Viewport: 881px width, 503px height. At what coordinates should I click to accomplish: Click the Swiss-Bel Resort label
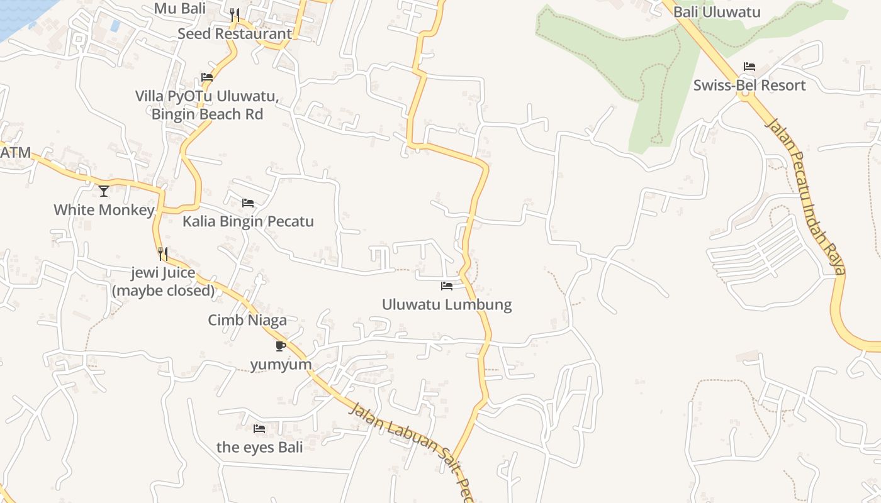pyautogui.click(x=749, y=86)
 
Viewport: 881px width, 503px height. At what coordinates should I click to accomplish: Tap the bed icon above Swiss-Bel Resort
pyautogui.click(x=749, y=66)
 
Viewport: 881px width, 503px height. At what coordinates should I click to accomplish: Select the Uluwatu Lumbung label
pyautogui.click(x=447, y=305)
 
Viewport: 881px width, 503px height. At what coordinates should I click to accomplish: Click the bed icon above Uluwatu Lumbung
pyautogui.click(x=447, y=285)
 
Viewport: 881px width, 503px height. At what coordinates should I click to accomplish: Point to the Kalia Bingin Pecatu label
pyautogui.click(x=248, y=222)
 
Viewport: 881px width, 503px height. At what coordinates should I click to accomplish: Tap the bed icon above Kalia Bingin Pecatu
pyautogui.click(x=248, y=202)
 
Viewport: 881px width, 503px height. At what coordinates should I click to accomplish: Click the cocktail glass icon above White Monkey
pyautogui.click(x=104, y=191)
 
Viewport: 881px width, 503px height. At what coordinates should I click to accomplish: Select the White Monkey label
pyautogui.click(x=104, y=210)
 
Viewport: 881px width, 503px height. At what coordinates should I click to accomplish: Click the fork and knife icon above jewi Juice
pyautogui.click(x=163, y=253)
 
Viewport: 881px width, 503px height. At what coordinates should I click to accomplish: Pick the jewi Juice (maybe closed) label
pyautogui.click(x=164, y=282)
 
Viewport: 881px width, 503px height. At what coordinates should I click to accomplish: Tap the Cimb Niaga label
pyautogui.click(x=247, y=321)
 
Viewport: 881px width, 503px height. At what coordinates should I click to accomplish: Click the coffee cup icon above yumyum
pyautogui.click(x=281, y=346)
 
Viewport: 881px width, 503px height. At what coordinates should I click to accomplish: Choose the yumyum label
pyautogui.click(x=281, y=365)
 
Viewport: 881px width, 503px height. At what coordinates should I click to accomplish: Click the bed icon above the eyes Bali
pyautogui.click(x=259, y=429)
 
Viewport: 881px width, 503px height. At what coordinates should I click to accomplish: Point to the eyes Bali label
pyautogui.click(x=259, y=448)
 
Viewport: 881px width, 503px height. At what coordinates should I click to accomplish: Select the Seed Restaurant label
pyautogui.click(x=234, y=34)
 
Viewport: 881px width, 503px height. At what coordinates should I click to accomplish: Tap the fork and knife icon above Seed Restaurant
pyautogui.click(x=234, y=14)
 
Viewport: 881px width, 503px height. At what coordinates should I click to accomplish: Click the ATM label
pyautogui.click(x=15, y=153)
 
